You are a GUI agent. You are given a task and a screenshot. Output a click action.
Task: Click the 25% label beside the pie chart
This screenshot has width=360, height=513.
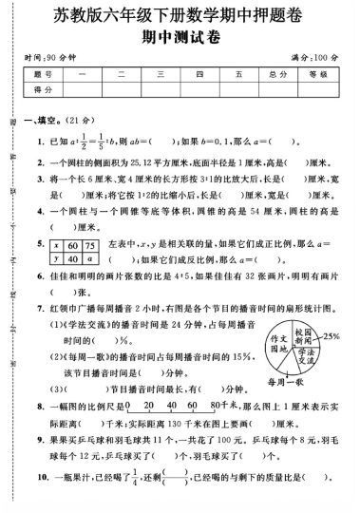[x=333, y=337]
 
